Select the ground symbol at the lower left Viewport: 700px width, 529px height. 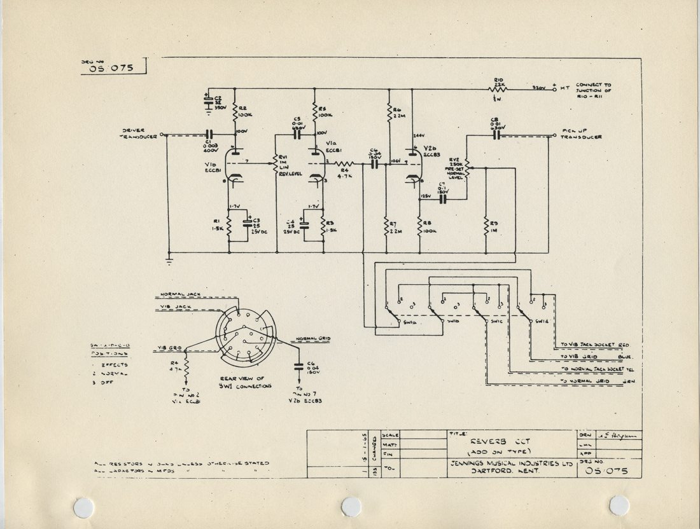coord(170,258)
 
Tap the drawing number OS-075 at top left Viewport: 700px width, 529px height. coord(111,69)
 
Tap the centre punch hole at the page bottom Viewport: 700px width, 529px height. coord(351,506)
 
